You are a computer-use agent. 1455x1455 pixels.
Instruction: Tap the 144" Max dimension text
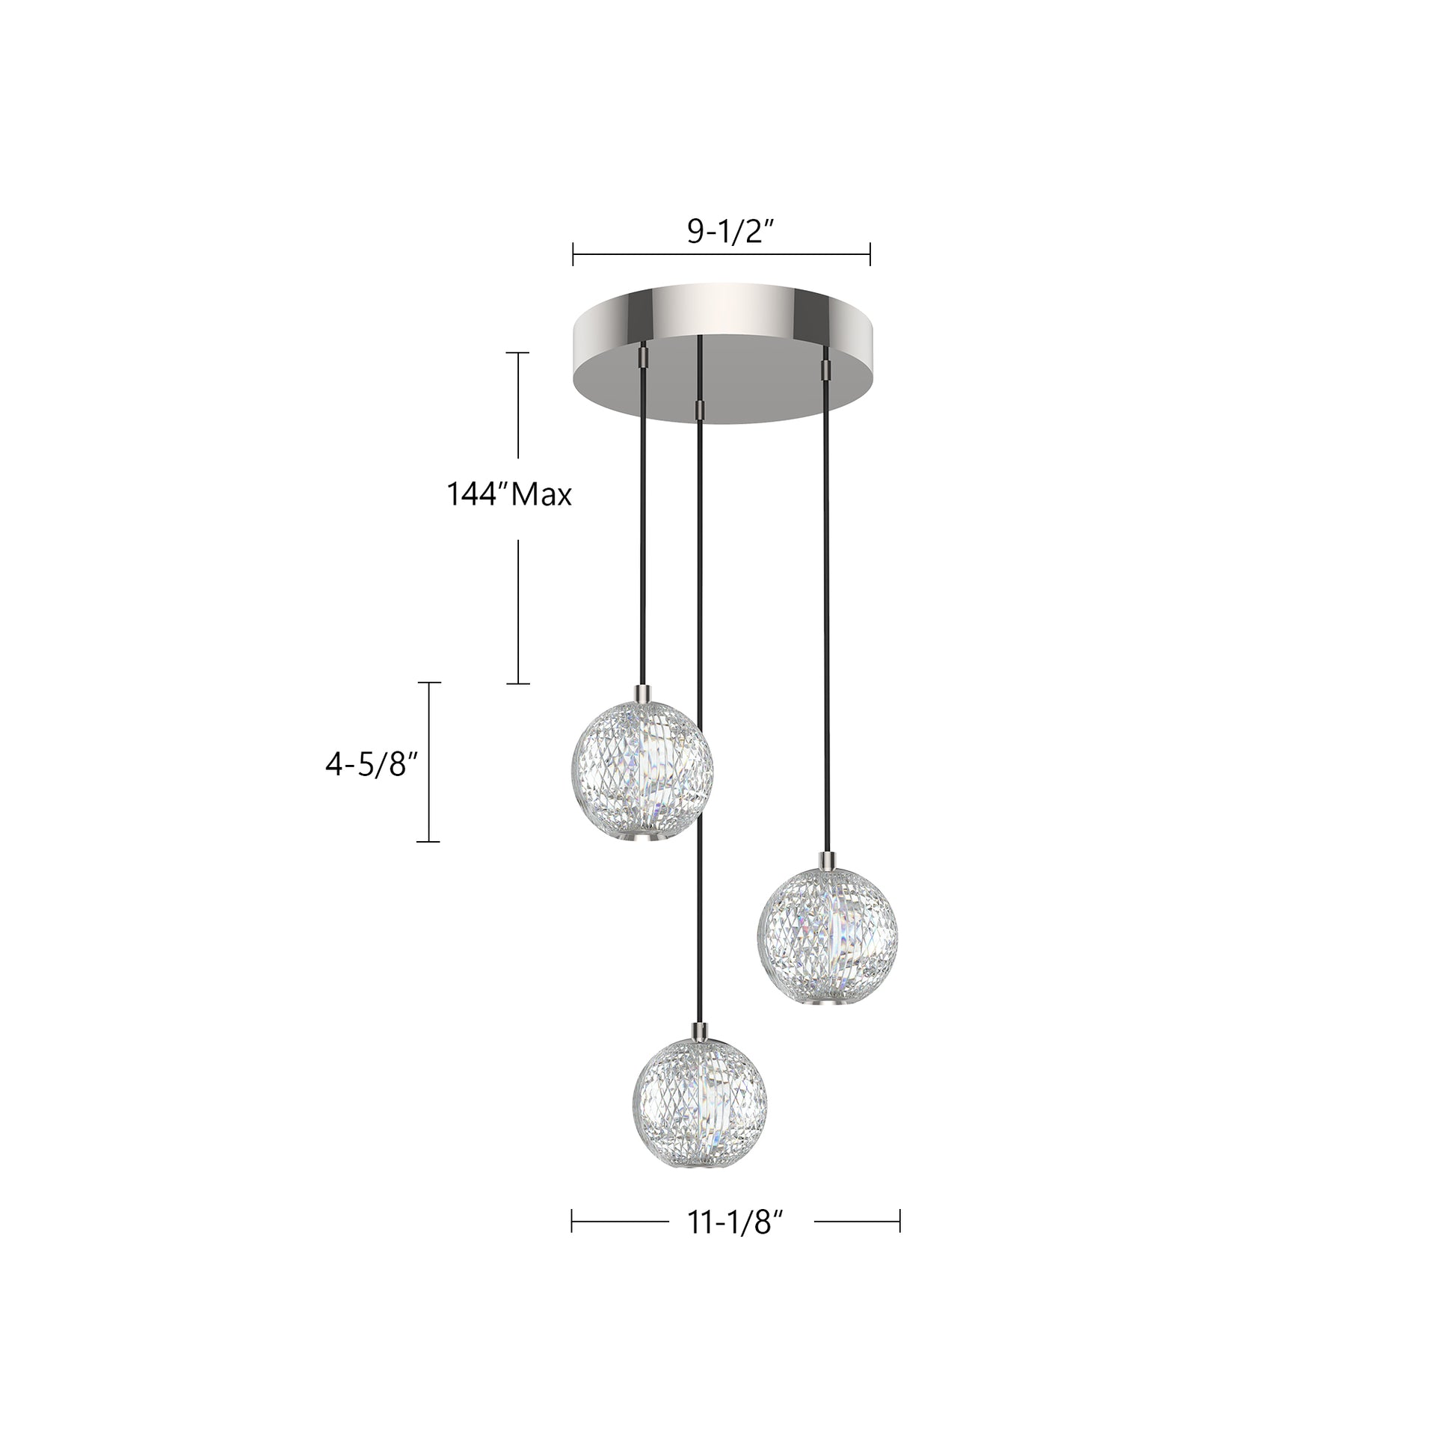click(x=509, y=495)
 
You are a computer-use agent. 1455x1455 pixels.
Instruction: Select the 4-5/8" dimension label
click(x=372, y=765)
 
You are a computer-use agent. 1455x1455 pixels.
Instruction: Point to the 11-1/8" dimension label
click(x=730, y=1223)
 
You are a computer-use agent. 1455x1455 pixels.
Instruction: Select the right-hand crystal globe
click(x=827, y=935)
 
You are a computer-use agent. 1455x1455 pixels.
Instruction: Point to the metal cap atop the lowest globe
click(x=701, y=1030)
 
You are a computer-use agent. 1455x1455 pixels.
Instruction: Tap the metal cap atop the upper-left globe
click(x=643, y=692)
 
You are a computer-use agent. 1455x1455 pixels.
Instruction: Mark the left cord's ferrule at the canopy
click(x=644, y=356)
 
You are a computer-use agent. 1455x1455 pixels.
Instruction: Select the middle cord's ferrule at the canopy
click(x=701, y=409)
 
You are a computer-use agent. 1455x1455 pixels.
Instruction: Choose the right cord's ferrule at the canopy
click(x=826, y=369)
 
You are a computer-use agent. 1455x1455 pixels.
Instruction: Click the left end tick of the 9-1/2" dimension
click(x=573, y=253)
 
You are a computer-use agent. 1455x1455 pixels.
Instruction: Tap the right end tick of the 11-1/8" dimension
click(x=899, y=1221)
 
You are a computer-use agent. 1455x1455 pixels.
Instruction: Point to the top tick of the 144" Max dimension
click(x=517, y=352)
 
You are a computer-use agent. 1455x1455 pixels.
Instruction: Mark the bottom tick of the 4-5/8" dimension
click(x=428, y=841)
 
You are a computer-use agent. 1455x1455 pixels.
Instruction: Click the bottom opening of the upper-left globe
click(x=642, y=837)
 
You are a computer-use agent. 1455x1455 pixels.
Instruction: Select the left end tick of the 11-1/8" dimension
click(x=573, y=1221)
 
